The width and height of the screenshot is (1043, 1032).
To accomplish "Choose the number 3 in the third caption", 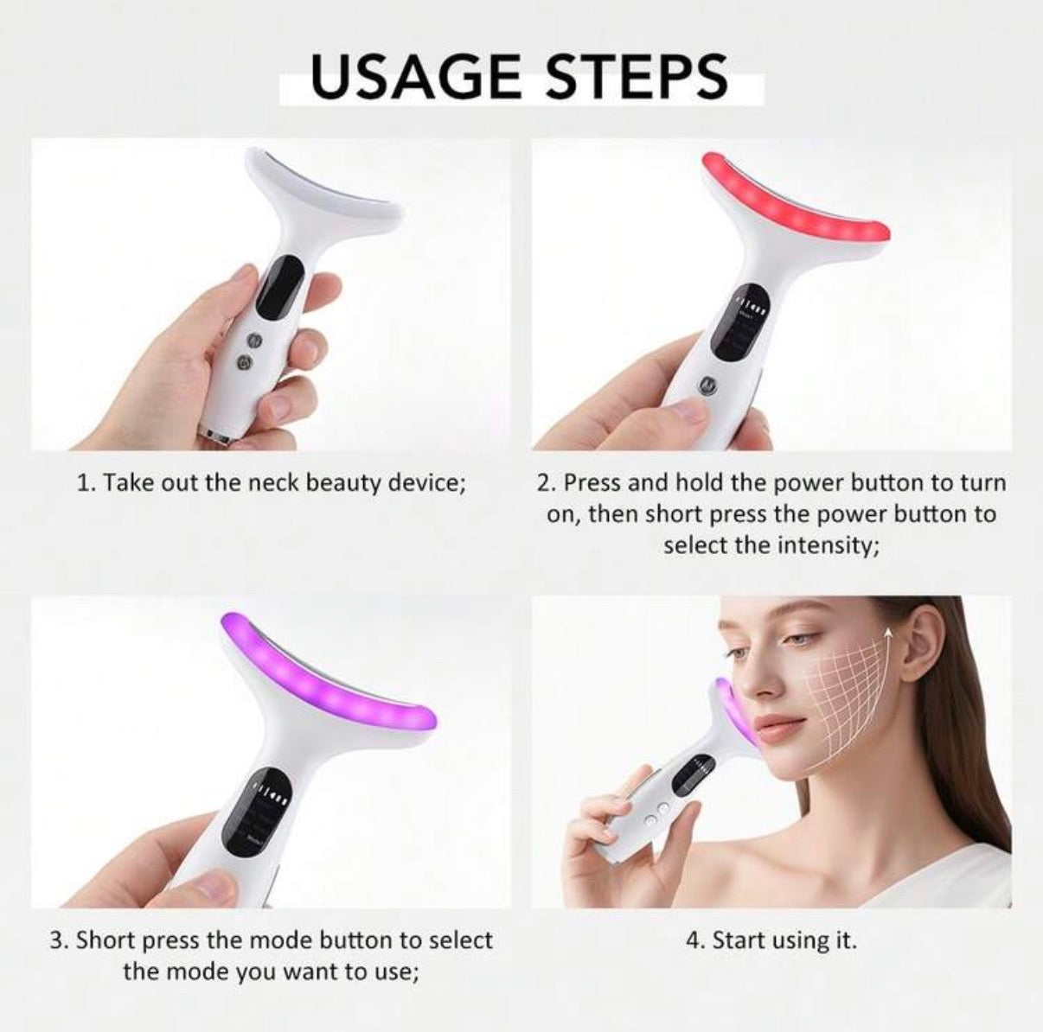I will coord(57,940).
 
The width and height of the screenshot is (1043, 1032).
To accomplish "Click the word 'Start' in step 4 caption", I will coord(736,940).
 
